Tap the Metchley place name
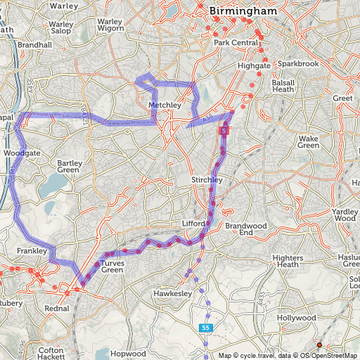click(165, 105)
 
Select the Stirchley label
click(207, 180)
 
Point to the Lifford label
click(193, 223)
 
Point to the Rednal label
click(56, 308)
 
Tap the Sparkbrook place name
click(298, 64)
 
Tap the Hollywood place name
click(296, 318)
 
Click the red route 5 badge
click(224, 131)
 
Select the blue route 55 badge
click(205, 328)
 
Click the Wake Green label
click(309, 141)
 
